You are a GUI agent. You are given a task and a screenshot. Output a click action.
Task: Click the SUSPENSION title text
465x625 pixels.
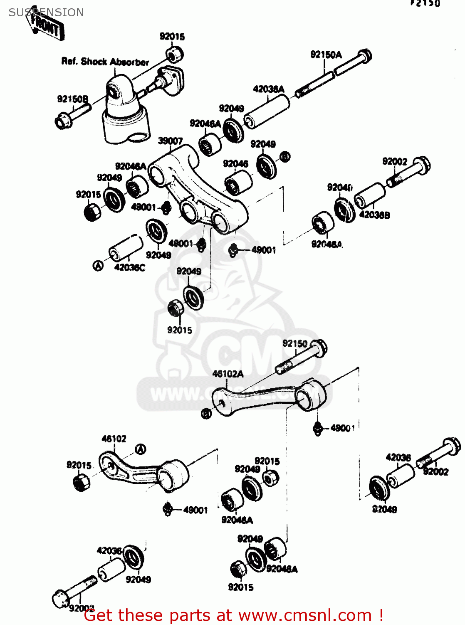pyautogui.click(x=46, y=12)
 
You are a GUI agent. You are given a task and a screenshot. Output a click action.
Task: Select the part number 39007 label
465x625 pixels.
pyautogui.click(x=170, y=141)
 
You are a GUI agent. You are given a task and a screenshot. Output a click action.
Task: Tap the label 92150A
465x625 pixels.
pyautogui.click(x=326, y=55)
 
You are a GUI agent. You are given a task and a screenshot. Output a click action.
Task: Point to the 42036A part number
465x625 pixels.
pyautogui.click(x=269, y=89)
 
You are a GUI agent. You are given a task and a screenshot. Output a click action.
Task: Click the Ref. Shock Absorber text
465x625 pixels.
pyautogui.click(x=105, y=62)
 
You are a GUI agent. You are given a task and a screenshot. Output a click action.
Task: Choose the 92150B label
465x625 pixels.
pyautogui.click(x=73, y=99)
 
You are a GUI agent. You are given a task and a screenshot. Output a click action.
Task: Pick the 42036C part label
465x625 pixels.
pyautogui.click(x=130, y=267)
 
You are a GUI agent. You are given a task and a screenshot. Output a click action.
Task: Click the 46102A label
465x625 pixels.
pyautogui.click(x=228, y=374)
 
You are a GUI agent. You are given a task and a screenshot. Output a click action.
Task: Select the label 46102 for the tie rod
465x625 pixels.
pyautogui.click(x=114, y=439)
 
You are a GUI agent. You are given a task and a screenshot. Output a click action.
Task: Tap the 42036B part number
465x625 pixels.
pyautogui.click(x=374, y=215)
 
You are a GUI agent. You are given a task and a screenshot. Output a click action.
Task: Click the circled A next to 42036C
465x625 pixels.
pyautogui.click(x=98, y=265)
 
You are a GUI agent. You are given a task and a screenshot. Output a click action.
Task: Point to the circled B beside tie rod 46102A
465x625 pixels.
pyautogui.click(x=206, y=414)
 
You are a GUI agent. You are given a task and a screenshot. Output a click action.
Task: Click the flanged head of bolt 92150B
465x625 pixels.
pyautogui.click(x=63, y=120)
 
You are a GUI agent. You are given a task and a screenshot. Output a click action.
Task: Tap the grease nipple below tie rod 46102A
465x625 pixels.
pyautogui.click(x=318, y=428)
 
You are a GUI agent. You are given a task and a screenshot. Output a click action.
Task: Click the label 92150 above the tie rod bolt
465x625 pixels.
pyautogui.click(x=295, y=343)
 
